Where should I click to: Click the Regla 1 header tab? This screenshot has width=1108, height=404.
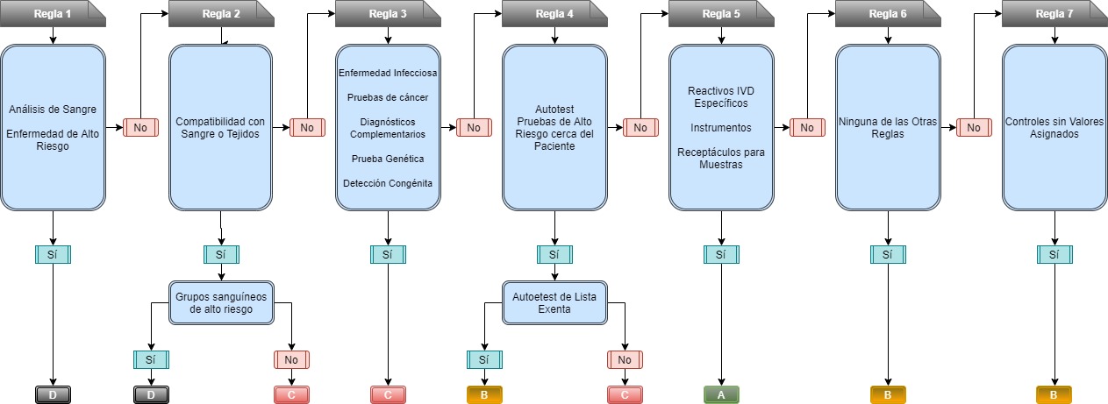click(x=53, y=14)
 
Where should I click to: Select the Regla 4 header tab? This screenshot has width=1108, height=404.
click(x=553, y=14)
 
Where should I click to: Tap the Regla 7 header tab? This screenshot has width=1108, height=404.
click(x=1053, y=14)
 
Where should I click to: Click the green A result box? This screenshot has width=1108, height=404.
click(x=721, y=394)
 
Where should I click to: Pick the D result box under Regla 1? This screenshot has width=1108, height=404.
click(x=54, y=394)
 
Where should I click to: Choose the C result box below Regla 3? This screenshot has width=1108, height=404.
click(x=388, y=394)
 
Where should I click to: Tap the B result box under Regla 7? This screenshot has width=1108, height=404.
click(x=1054, y=394)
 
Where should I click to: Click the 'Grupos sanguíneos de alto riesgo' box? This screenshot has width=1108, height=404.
click(x=220, y=302)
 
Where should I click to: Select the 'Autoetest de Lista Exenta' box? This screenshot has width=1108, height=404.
click(x=554, y=302)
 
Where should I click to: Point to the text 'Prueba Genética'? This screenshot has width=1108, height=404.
click(x=387, y=159)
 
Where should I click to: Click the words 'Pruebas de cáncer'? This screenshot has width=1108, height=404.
click(x=387, y=96)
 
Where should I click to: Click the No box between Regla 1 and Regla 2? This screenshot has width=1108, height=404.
click(x=140, y=127)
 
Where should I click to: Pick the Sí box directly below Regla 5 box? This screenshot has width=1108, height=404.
click(x=721, y=254)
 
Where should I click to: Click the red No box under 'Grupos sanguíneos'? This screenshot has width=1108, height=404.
click(x=292, y=359)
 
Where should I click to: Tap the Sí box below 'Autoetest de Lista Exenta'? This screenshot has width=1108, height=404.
click(x=483, y=359)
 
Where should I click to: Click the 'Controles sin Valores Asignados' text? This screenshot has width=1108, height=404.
click(x=1054, y=128)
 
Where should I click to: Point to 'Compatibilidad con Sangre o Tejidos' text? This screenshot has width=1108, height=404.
click(x=220, y=127)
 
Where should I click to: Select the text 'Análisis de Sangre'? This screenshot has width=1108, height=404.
click(x=53, y=110)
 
